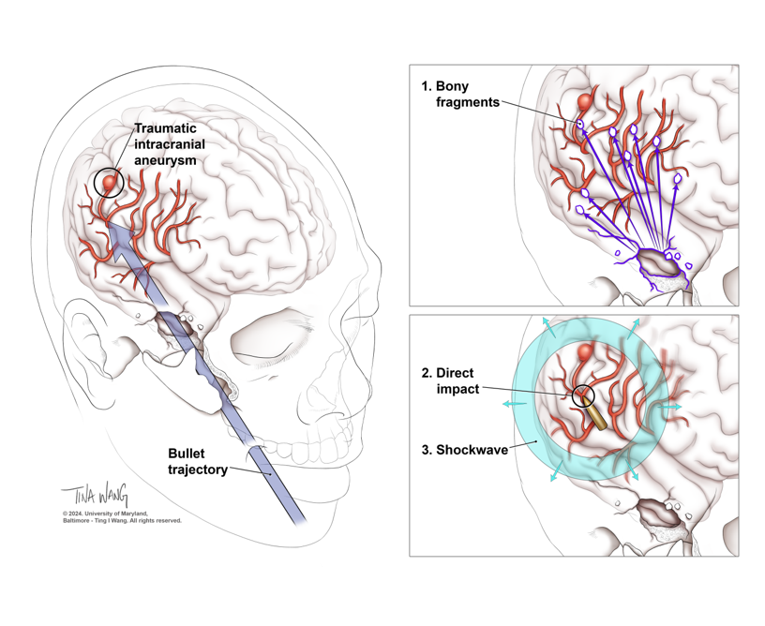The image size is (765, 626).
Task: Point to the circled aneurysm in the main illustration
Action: click(110, 181)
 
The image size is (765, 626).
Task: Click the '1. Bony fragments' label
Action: click(460, 95)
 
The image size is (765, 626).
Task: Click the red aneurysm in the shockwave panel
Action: click(586, 352)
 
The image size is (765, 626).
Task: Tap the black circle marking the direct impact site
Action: click(582, 396)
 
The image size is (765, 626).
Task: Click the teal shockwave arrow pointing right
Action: click(670, 409)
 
